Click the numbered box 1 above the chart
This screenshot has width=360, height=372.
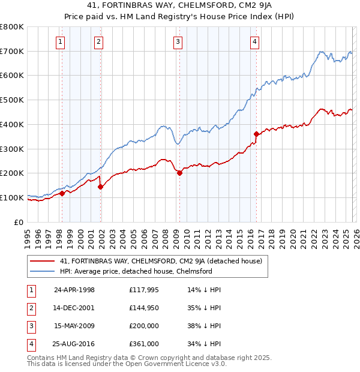click(x=61, y=41)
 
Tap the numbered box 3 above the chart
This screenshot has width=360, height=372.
click(x=178, y=41)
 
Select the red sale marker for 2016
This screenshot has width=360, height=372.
click(x=256, y=134)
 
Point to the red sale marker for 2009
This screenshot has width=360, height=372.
click(x=179, y=173)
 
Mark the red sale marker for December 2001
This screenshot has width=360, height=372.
click(x=100, y=187)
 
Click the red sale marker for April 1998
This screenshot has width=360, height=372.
click(x=62, y=193)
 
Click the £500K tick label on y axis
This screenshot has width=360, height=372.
click(x=12, y=100)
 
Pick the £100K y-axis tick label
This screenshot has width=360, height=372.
click(x=12, y=197)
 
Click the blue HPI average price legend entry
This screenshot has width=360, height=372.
click(x=136, y=271)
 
